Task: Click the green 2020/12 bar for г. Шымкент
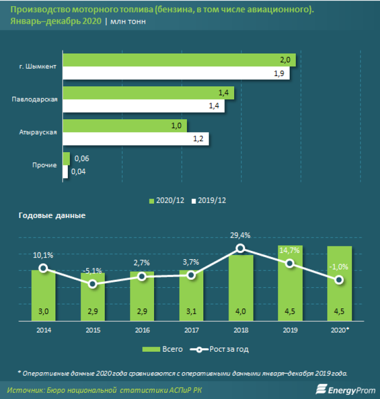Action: (x=179, y=60)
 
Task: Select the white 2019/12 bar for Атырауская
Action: (x=136, y=139)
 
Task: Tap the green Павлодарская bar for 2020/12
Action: (x=148, y=93)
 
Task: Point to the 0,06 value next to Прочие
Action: (x=82, y=159)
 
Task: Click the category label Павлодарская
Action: (x=34, y=99)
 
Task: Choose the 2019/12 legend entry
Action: (x=211, y=199)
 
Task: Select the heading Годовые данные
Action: (x=51, y=215)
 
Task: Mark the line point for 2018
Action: (x=240, y=249)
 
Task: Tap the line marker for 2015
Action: (x=92, y=284)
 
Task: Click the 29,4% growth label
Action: (x=240, y=235)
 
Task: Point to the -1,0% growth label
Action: (x=339, y=266)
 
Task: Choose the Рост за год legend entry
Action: (x=221, y=349)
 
